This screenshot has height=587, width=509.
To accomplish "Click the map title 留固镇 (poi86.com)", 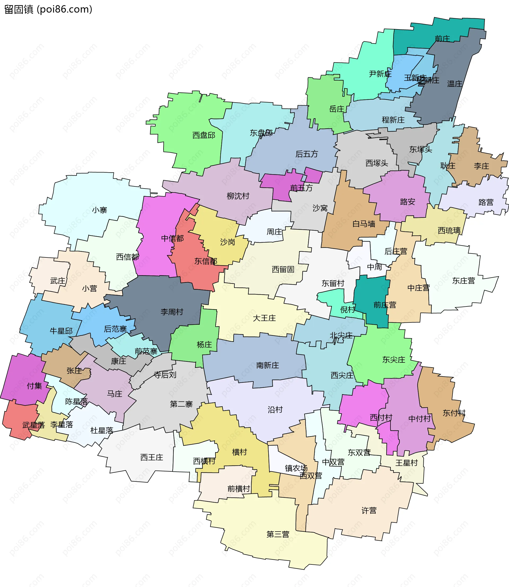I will point(48,9).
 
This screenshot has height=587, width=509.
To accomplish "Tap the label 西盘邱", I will point(204,135).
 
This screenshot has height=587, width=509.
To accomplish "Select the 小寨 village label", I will point(99,210).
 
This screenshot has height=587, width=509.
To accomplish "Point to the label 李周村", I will point(172,312).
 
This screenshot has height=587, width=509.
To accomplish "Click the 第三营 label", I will point(278,534).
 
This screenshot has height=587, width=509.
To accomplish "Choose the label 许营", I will point(369,511).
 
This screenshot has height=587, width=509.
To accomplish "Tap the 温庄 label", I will point(455,84).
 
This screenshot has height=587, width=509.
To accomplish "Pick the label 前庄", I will point(442,39).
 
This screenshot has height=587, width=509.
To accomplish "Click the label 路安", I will point(408,202).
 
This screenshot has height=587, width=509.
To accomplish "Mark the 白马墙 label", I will point(364,224).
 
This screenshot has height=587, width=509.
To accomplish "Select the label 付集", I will point(34,386).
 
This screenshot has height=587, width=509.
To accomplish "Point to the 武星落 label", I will point(33,425).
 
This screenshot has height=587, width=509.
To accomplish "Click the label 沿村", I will point(275,410).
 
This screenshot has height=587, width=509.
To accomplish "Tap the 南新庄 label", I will point(267,365).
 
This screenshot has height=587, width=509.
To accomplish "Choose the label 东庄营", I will point(464,281).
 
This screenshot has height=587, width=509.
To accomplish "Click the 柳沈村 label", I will point(238,196).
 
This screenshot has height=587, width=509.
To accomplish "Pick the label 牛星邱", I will point(61,331).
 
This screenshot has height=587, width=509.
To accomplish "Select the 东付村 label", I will point(454,413).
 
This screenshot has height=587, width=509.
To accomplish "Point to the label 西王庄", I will point(152,457).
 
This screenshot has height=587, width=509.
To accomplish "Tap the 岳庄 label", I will point(337,109).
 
